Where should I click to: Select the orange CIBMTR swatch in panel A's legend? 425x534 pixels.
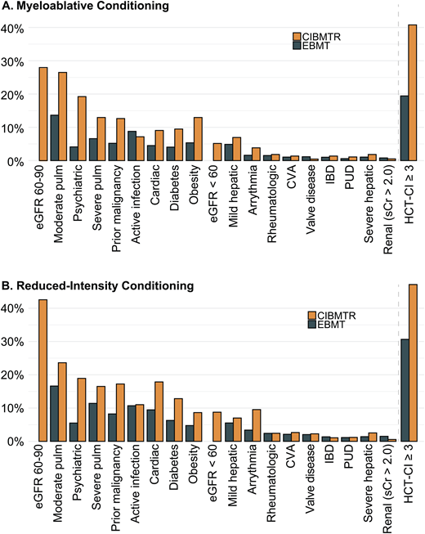pos(297,36)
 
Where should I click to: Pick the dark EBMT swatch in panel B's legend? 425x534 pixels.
pos(312,326)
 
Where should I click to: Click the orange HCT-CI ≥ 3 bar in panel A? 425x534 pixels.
pos(413,93)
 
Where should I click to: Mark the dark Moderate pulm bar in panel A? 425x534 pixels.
pos(54,138)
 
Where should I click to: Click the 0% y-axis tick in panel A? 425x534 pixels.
pos(17,162)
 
